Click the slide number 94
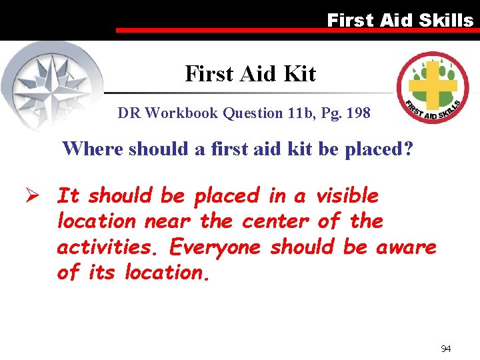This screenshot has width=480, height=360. (445, 349)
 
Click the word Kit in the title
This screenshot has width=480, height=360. (300, 74)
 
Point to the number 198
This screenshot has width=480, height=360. (357, 113)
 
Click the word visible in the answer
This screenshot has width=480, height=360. (347, 196)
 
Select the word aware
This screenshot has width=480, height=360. (406, 247)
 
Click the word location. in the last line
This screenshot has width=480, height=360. (167, 272)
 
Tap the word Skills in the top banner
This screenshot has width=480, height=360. (446, 20)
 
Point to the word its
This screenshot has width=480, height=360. (103, 272)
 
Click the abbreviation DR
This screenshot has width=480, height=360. (129, 113)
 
